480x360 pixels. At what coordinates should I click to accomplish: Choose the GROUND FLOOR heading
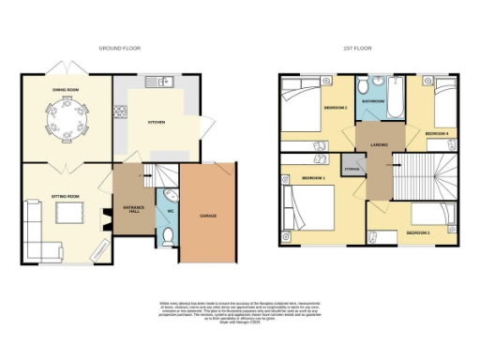(119, 47)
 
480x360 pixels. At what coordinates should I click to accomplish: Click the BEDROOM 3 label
(417, 232)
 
